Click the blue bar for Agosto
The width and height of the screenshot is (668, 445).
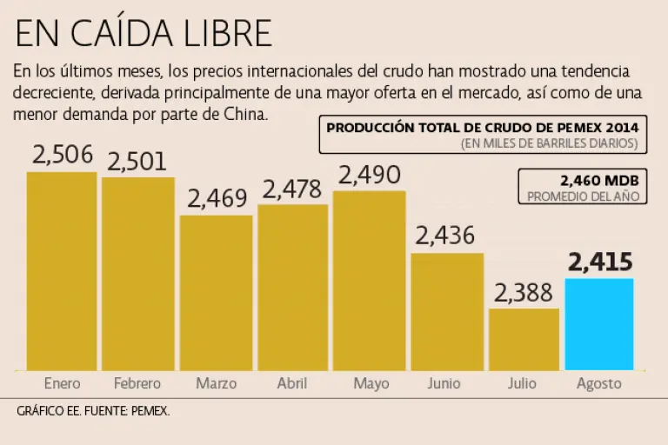pyautogui.click(x=599, y=324)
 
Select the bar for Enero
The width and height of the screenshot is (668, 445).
pyautogui.click(x=62, y=271)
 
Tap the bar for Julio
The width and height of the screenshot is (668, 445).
pyautogui.click(x=523, y=339)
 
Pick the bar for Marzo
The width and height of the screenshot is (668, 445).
pyautogui.click(x=216, y=293)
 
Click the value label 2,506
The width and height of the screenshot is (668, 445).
pyautogui.click(x=62, y=155)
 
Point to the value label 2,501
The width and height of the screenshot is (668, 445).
pyautogui.click(x=137, y=161)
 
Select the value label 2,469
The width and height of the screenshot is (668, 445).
pyautogui.click(x=217, y=198)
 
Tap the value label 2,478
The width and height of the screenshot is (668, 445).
pyautogui.click(x=292, y=189)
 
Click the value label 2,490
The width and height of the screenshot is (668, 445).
pyautogui.click(x=370, y=175)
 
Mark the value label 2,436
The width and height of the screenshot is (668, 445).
pyautogui.click(x=445, y=236)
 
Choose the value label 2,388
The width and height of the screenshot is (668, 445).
pyautogui.click(x=524, y=293)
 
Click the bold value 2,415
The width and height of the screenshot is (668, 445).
pyautogui.click(x=599, y=262)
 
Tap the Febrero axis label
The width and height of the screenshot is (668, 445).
pyautogui.click(x=138, y=383)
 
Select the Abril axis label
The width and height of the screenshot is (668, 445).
pyautogui.click(x=292, y=383)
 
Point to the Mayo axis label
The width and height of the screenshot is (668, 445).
pyautogui.click(x=371, y=383)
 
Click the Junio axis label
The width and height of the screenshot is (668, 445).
pyautogui.click(x=447, y=383)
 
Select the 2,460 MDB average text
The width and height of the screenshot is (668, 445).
pyautogui.click(x=600, y=180)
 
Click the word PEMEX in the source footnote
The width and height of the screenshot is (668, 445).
pyautogui.click(x=150, y=411)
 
